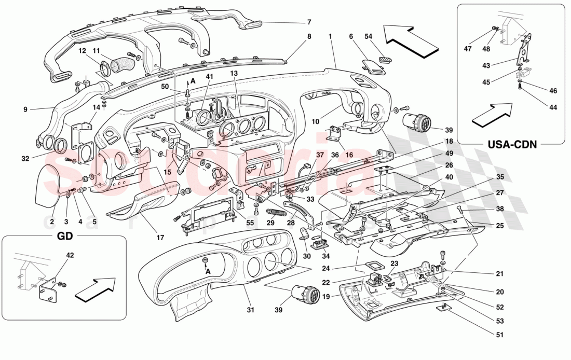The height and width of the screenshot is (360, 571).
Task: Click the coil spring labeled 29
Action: pos(277,212)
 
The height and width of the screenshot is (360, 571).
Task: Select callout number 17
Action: pos(160,238)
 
